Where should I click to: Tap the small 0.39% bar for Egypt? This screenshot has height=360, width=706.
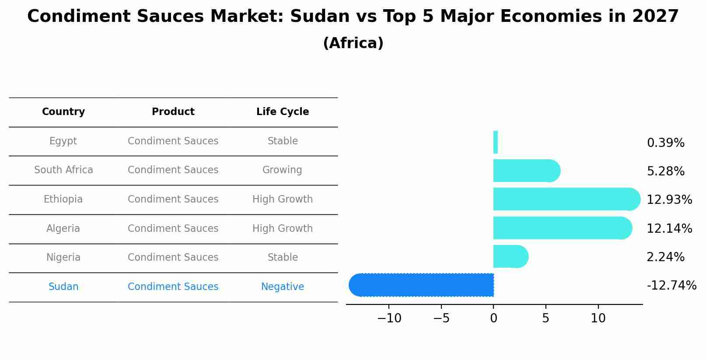tap(496, 142)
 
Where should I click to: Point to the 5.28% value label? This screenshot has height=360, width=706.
tap(665, 171)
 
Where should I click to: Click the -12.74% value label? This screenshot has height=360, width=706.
tap(671, 286)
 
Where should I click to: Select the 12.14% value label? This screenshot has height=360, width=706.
tap(669, 228)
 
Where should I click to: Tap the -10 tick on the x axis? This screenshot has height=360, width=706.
tap(389, 318)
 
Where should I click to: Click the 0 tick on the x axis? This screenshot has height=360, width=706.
tap(493, 318)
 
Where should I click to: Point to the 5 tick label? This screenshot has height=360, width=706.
tap(545, 318)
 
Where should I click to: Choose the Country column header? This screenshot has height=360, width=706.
tap(63, 112)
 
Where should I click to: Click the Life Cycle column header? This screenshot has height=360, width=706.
tap(283, 112)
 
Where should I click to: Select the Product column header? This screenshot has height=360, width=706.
tap(173, 112)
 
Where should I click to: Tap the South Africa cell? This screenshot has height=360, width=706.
tap(63, 170)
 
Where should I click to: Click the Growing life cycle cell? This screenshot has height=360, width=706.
tap(282, 170)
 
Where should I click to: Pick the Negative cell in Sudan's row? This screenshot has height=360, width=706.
tap(283, 287)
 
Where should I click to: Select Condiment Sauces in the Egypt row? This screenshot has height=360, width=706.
tap(173, 141)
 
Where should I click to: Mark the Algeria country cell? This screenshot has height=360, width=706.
tap(63, 229)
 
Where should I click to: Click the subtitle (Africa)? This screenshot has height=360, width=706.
tap(353, 43)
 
